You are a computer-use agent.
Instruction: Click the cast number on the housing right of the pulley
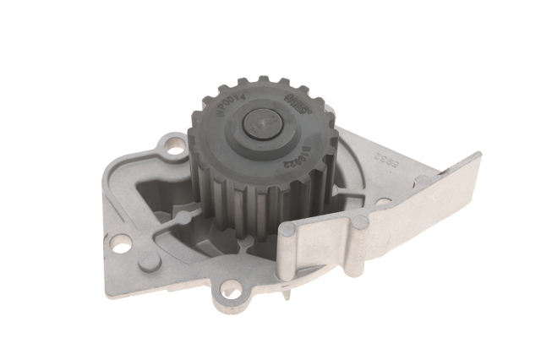(x=364, y=156)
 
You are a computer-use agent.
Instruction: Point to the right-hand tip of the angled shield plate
(x=478, y=156)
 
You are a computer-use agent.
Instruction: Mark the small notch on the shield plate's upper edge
(x=439, y=174)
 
